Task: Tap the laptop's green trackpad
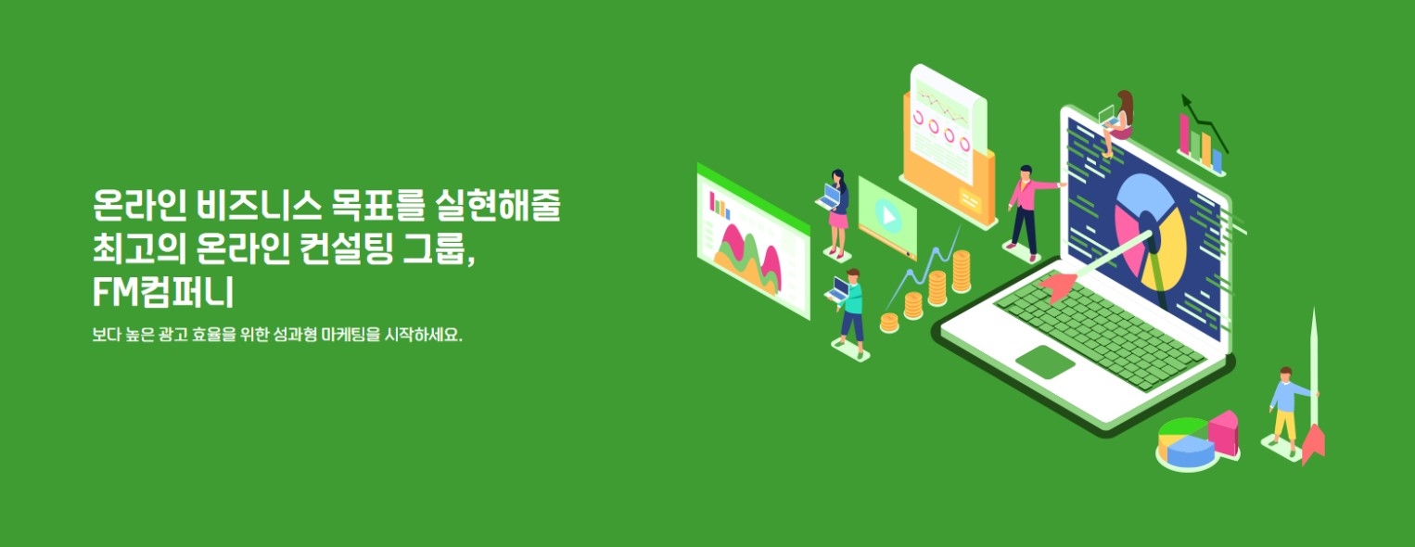[x=1045, y=362]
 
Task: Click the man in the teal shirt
[x=851, y=311]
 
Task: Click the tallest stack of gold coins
[x=962, y=271]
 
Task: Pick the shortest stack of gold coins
[x=889, y=323]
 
